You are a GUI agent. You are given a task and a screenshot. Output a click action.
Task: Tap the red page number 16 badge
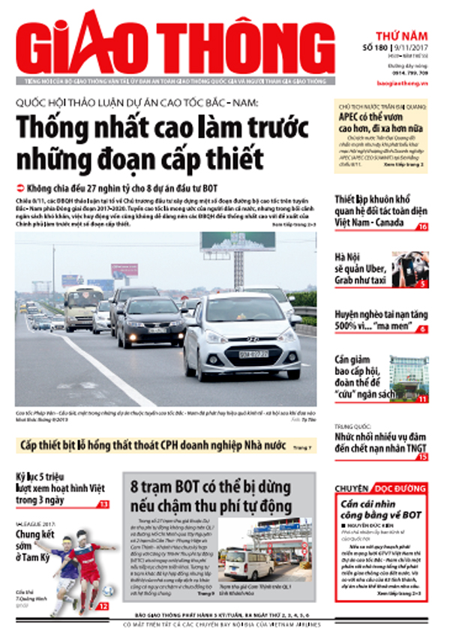click(422, 226)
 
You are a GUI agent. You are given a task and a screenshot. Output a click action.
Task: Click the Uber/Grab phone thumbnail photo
click(409, 269)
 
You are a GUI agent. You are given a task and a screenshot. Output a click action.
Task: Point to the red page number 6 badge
click(422, 328)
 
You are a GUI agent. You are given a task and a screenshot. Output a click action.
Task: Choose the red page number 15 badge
click(422, 456)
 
